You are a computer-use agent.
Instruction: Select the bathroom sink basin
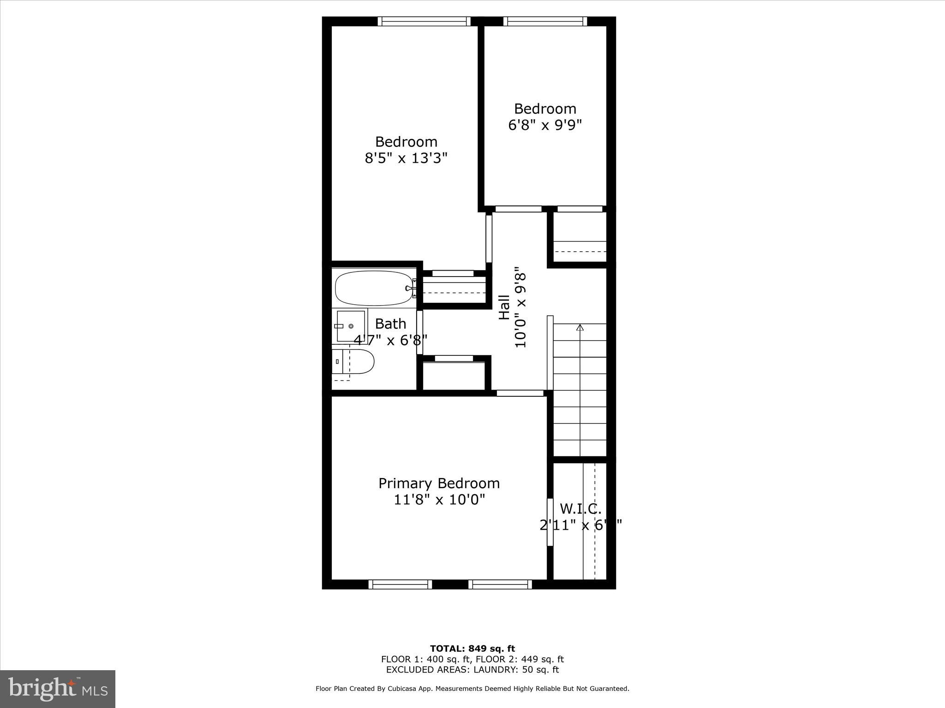pos(351,326)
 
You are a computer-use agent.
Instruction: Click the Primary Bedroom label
pos(439,483)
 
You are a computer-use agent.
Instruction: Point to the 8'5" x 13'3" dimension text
pos(406,159)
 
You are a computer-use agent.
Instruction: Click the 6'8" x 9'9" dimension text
pos(545,125)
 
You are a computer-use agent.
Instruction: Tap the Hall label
pos(504,307)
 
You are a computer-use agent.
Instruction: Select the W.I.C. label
pos(580,509)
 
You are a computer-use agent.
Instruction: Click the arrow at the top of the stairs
pos(580,328)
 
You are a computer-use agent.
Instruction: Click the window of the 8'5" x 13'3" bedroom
pos(424,21)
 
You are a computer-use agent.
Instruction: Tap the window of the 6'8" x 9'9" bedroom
pos(545,21)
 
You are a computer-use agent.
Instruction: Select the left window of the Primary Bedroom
pos(400,584)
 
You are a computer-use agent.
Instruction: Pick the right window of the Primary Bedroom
pos(500,584)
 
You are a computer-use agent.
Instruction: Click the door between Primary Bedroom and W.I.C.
pos(550,522)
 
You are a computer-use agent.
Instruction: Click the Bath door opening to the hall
pos(419,332)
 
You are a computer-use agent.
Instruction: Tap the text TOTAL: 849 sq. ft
pos(472,649)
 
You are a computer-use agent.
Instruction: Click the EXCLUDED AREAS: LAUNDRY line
pos(472,670)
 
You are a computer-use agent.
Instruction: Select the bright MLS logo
pos(58,689)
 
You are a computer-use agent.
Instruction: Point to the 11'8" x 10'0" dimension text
pos(439,500)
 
